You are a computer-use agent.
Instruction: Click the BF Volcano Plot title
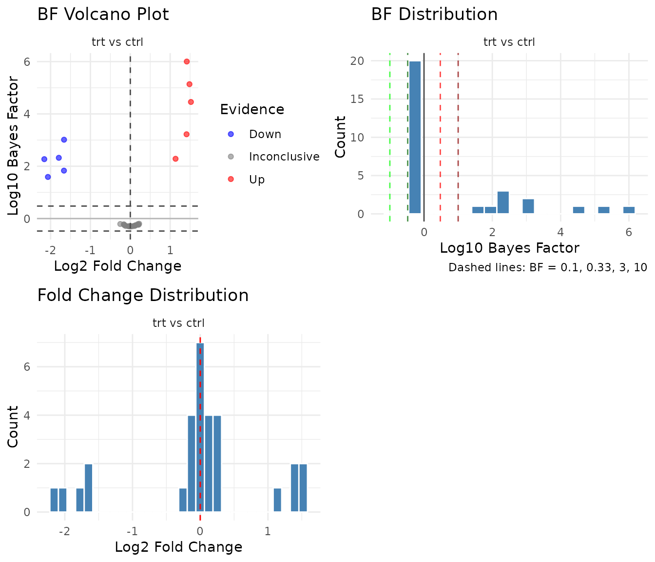103,15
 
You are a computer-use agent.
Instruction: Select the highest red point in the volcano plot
187,61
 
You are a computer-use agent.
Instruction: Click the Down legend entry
265,134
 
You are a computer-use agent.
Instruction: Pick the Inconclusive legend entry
284,157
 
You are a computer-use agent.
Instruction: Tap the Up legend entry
256,180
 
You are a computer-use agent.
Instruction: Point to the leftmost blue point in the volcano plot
44,159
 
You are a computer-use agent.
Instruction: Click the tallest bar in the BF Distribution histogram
415,137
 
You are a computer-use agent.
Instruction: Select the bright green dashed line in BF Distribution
390,137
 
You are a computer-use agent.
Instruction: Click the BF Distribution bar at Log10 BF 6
629,210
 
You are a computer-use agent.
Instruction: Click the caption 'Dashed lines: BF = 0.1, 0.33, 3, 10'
547,267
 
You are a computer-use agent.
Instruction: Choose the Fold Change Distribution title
143,296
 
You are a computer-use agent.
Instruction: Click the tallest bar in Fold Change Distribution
200,427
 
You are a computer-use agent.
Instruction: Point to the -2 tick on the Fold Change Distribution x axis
64,531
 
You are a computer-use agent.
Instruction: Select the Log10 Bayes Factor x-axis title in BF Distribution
509,248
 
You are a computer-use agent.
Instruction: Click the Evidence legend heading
252,109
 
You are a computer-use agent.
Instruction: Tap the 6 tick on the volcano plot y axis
27,61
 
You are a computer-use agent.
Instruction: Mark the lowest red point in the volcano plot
175,159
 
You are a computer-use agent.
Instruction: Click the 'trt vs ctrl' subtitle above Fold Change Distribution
178,323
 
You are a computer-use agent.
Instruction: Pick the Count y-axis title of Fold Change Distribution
13,426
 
